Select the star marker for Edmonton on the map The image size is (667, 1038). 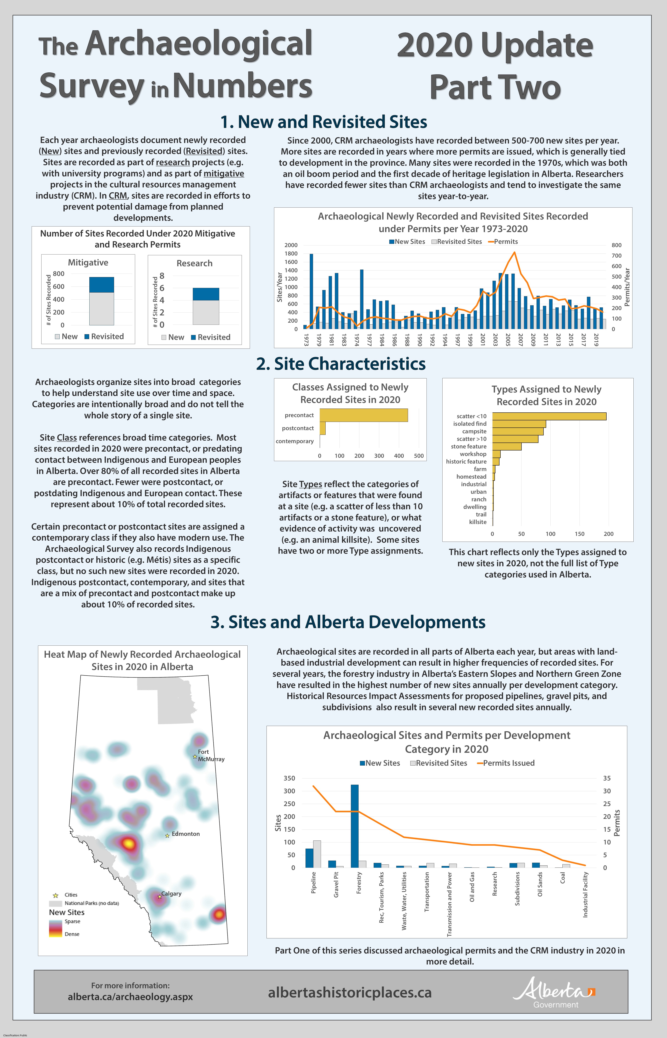click(x=167, y=836)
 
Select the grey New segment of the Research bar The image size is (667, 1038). click(x=206, y=312)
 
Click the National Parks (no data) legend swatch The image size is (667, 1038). click(x=55, y=903)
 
